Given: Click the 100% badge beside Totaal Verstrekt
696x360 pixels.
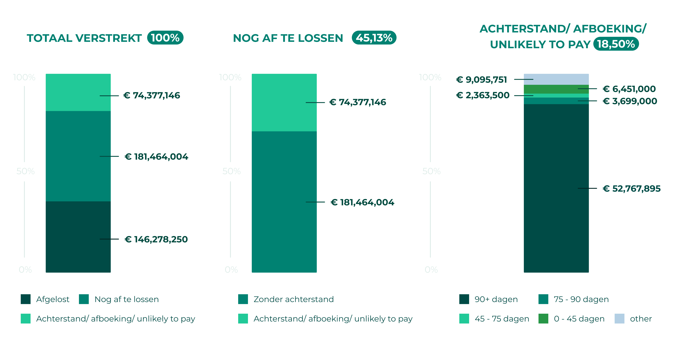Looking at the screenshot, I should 165,38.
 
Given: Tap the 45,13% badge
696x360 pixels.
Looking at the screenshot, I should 374,38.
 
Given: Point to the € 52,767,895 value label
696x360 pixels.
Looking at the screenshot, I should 631,189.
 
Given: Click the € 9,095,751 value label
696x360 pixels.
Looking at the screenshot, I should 481,80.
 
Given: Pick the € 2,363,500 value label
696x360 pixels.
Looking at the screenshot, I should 483,95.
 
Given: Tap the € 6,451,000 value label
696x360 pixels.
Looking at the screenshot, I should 629,89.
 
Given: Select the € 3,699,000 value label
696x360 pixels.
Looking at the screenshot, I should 630,101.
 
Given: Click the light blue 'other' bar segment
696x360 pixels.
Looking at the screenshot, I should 556,79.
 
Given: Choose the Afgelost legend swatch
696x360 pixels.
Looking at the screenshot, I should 26,299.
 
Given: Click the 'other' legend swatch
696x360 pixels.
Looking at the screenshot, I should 619,319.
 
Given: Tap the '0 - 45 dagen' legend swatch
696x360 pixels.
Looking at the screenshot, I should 543,319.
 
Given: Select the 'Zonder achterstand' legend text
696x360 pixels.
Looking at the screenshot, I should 293,299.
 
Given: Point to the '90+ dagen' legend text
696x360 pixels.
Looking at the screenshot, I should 496,299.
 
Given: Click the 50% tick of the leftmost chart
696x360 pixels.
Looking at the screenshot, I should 25,171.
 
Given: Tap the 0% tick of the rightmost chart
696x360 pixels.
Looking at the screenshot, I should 431,270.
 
